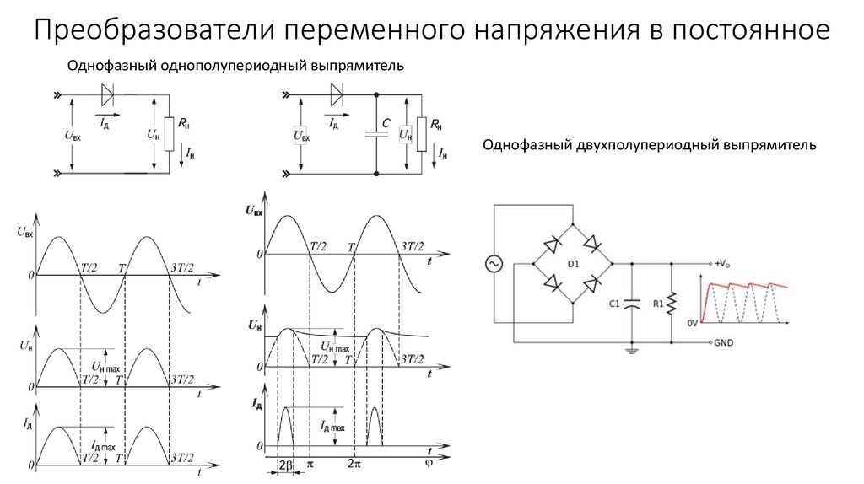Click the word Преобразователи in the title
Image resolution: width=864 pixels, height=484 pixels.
[x=155, y=30]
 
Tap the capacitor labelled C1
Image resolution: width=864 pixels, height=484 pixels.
[x=632, y=304]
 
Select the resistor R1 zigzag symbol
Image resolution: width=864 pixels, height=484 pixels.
[x=671, y=304]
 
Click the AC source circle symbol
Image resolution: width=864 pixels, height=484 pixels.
[x=494, y=264]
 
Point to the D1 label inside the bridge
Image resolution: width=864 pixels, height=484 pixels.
[x=573, y=264]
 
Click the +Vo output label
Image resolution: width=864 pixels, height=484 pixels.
[x=722, y=264]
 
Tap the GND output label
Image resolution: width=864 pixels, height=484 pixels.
[x=723, y=342]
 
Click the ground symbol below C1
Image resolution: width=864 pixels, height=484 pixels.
[x=632, y=350]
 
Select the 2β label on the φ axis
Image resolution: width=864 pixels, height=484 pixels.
[x=285, y=464]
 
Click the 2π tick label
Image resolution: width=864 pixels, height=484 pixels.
[x=354, y=464]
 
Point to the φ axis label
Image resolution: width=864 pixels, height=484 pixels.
[x=429, y=464]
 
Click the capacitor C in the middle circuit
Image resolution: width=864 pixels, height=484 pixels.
[x=376, y=133]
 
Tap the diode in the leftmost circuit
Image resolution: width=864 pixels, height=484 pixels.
[x=107, y=94]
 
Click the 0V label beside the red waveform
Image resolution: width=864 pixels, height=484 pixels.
[x=693, y=323]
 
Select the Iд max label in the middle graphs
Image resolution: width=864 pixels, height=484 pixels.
[x=332, y=426]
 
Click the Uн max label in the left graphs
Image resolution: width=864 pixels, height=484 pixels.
[x=105, y=367]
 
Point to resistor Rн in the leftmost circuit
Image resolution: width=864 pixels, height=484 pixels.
[x=169, y=134]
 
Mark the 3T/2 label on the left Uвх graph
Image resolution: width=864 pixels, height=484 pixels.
[x=182, y=268]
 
